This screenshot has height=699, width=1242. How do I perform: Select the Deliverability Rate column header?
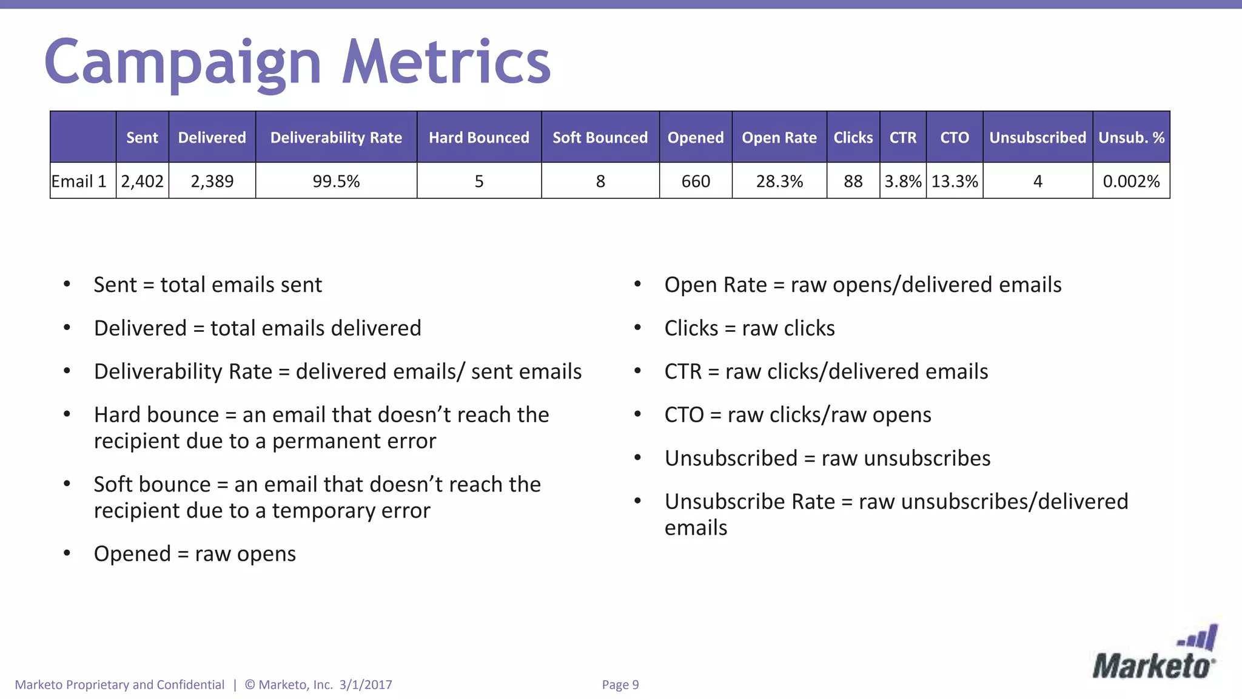coord(336,138)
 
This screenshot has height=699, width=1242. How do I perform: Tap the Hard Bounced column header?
coord(479,138)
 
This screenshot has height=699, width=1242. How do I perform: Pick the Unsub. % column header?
coord(1131,138)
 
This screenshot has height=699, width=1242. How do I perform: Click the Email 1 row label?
coord(79,181)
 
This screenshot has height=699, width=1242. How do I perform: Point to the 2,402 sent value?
coord(143,181)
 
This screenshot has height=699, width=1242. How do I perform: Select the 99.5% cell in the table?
coord(336,181)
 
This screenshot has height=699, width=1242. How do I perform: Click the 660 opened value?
coord(696,181)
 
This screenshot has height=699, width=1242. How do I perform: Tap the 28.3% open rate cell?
coord(779,181)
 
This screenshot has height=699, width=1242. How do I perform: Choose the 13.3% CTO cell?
coord(955,181)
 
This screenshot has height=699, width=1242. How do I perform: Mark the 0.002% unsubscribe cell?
coord(1131,181)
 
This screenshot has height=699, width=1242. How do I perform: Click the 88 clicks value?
coord(853,181)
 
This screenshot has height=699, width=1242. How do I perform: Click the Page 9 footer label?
coord(620,685)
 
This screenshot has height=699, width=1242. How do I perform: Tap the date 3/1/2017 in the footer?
coord(366,685)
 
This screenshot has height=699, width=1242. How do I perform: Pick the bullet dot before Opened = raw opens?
coord(67,553)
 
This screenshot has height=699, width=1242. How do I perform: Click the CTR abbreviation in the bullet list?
coord(683,371)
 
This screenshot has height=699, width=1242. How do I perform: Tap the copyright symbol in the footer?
coord(250,685)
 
